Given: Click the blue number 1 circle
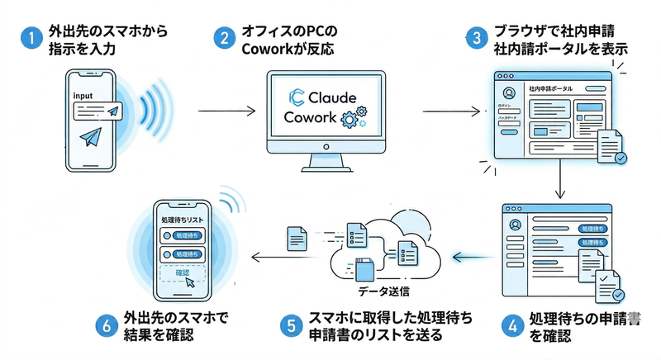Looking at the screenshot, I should click(28, 40).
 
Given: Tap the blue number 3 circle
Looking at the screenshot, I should click(475, 40).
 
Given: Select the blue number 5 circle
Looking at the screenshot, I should click(290, 325).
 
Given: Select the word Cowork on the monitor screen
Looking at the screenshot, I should click(309, 117).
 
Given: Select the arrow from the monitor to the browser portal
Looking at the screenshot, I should click(450, 109).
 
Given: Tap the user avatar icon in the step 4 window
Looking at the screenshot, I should click(516, 225).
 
